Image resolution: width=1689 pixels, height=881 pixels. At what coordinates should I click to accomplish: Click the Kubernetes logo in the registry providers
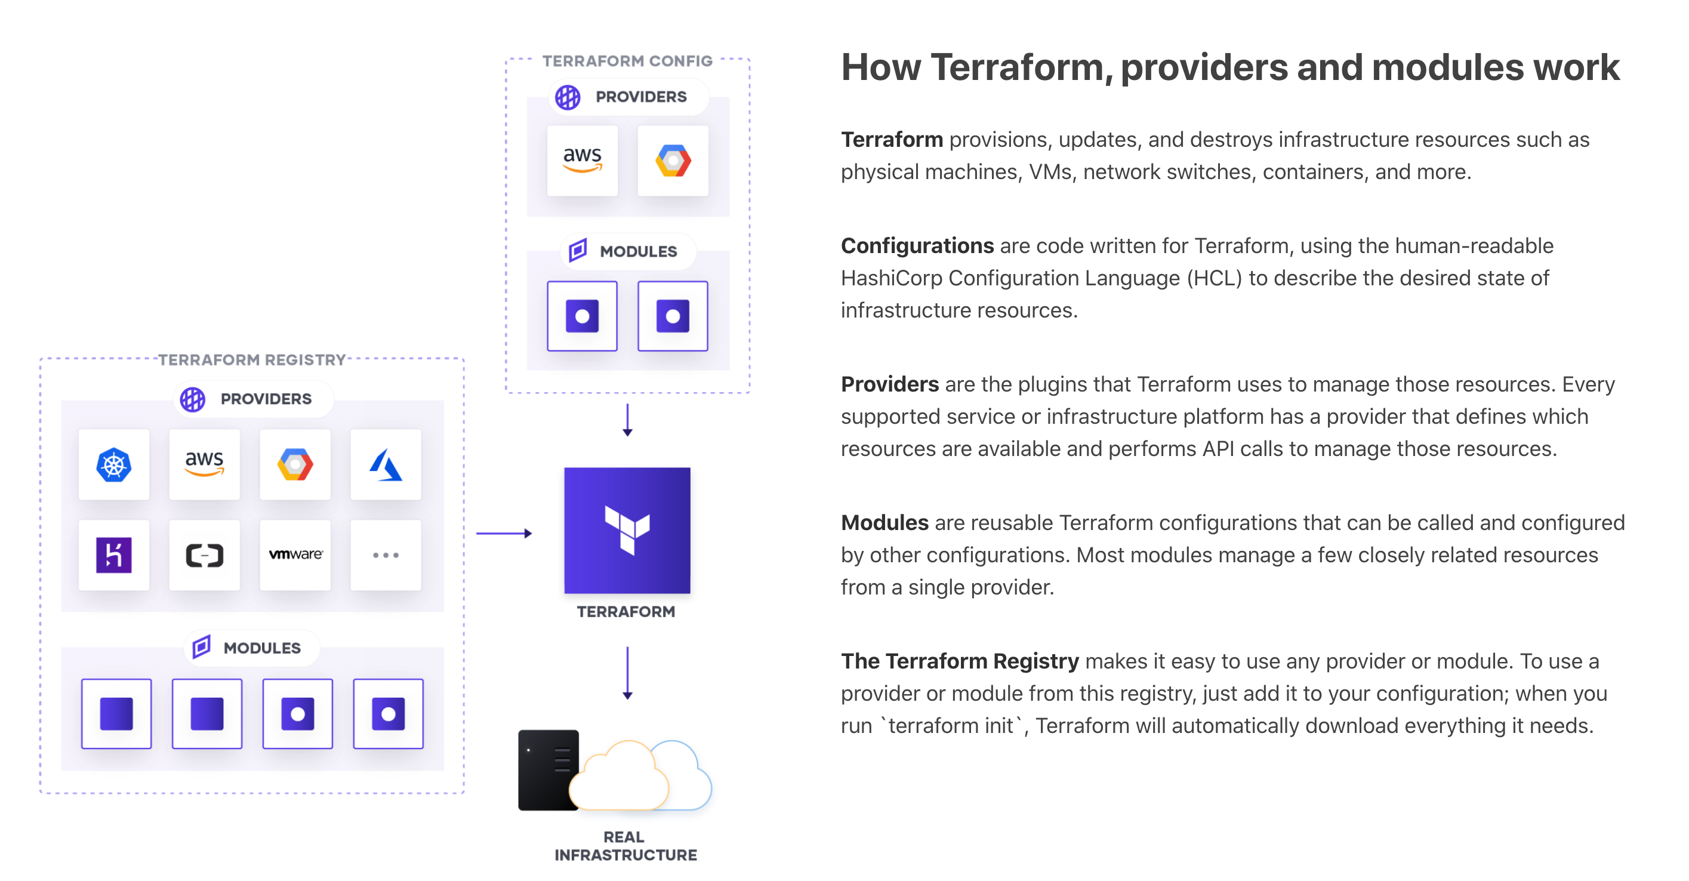113,465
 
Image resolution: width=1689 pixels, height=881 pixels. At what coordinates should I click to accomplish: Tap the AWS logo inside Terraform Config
582,160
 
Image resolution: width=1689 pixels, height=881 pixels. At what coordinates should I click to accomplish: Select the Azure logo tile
386,465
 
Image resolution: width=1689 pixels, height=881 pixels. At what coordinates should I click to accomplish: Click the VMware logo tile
295,555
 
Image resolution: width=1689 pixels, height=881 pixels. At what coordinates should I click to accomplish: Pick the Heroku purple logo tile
113,555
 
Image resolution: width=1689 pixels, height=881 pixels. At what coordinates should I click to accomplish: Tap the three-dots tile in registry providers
386,555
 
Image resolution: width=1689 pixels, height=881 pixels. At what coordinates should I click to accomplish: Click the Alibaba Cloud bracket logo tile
205,555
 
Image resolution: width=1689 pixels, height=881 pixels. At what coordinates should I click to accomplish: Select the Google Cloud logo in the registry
295,465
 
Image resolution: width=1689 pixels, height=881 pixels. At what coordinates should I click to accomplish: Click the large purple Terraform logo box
627,529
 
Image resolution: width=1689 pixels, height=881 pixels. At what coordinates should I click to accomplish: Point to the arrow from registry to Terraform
504,534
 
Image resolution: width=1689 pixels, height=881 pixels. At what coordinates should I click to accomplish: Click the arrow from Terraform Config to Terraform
627,420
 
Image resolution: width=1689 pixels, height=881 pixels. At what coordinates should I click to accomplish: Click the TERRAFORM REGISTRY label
252,360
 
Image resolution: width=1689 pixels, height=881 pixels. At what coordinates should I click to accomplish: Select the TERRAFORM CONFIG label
627,61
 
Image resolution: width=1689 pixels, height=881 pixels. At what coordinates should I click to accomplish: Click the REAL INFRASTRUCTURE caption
625,846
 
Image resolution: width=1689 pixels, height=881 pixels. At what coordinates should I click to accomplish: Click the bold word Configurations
917,246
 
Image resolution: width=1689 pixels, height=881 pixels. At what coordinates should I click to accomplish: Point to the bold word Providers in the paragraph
889,384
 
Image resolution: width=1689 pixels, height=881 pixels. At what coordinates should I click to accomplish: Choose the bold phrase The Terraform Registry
959,661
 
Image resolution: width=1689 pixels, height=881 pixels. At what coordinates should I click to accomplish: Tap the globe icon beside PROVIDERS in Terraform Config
567,97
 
